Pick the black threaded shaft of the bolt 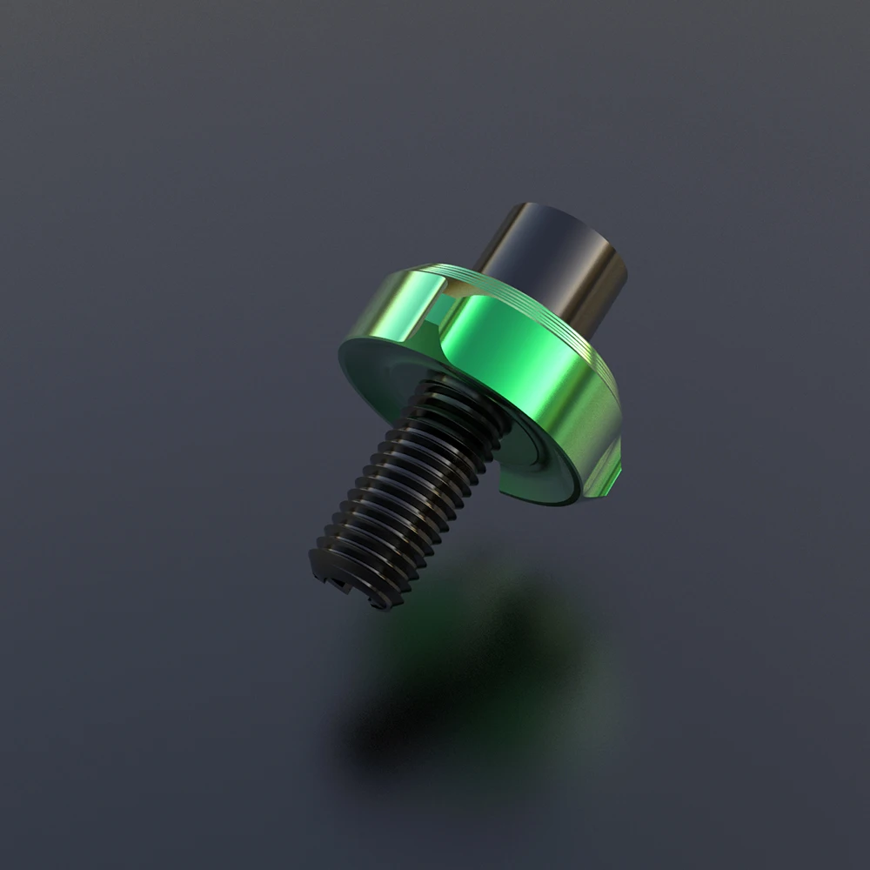(x=409, y=496)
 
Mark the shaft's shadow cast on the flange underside (x=505, y=452)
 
